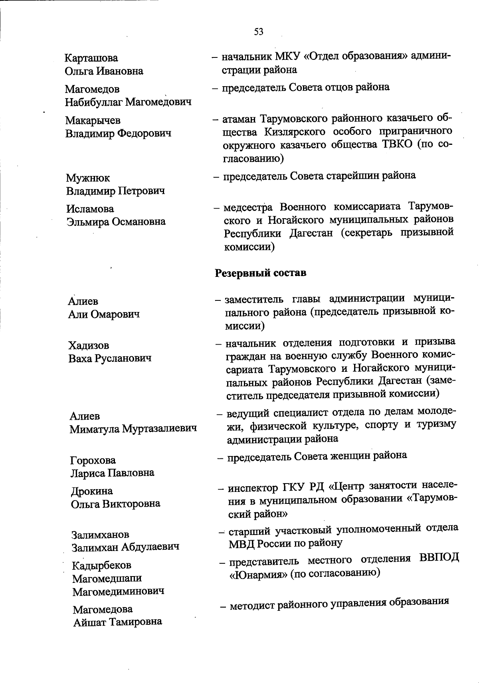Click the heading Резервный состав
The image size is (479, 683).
(x=261, y=273)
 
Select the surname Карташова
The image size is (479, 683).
(x=91, y=58)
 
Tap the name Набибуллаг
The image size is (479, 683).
(x=94, y=102)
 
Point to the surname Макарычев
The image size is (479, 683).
(x=93, y=120)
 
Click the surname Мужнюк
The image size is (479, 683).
(x=88, y=178)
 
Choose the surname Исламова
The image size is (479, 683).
(x=90, y=209)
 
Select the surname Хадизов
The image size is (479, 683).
(x=88, y=345)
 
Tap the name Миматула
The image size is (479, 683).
(x=94, y=429)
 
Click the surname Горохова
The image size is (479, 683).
(x=93, y=460)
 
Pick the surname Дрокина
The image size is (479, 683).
(x=92, y=491)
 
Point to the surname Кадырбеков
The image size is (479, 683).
(x=101, y=565)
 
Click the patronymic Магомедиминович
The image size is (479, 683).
(x=118, y=591)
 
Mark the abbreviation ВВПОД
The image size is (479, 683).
(x=439, y=558)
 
